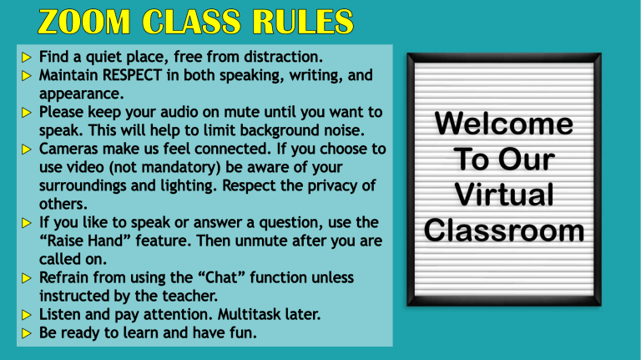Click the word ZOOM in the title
[84, 21]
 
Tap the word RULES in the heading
[303, 21]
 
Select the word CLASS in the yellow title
[192, 21]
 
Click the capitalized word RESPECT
[132, 75]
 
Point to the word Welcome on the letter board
[504, 123]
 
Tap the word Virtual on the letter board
[504, 195]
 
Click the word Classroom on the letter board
[504, 230]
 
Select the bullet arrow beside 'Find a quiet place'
[27, 58]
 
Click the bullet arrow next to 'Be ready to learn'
[27, 333]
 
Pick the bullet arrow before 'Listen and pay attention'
[27, 315]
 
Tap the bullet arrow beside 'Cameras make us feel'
[27, 150]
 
